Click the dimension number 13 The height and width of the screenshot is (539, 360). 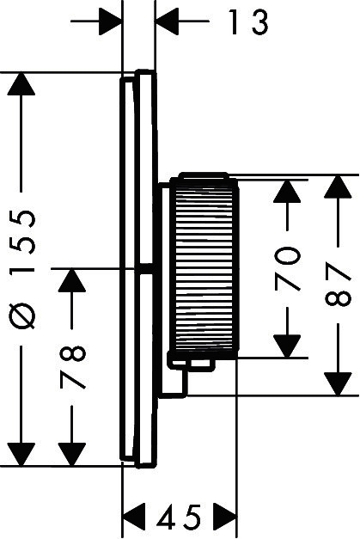click(x=247, y=21)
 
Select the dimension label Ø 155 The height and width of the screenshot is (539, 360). click(x=22, y=269)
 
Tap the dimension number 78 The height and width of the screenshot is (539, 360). click(x=72, y=367)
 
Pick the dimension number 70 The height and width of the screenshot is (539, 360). click(x=287, y=268)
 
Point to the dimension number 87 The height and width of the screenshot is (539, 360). click(x=338, y=284)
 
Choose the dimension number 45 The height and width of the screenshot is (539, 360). click(x=179, y=517)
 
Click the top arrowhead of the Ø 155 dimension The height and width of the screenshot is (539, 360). click(x=21, y=84)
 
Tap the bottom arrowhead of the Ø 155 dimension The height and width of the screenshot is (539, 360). click(x=21, y=455)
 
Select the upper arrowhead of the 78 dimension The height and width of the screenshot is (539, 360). click(x=72, y=280)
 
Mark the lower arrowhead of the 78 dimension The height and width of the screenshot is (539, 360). click(x=72, y=455)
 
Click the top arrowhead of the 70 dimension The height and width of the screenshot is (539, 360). click(x=287, y=191)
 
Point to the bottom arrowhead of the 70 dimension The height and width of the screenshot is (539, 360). click(x=287, y=346)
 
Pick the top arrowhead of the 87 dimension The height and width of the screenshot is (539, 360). click(x=338, y=187)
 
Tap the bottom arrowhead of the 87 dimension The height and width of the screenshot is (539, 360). click(x=338, y=383)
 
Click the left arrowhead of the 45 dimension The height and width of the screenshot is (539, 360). click(x=134, y=517)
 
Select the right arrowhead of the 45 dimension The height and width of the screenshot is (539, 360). click(x=225, y=517)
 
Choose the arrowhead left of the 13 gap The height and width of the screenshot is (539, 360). click(x=110, y=21)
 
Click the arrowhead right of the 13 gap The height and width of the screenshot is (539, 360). click(x=168, y=21)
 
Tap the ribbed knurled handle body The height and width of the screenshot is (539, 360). click(x=206, y=269)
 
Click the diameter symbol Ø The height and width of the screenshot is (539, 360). click(x=22, y=315)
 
